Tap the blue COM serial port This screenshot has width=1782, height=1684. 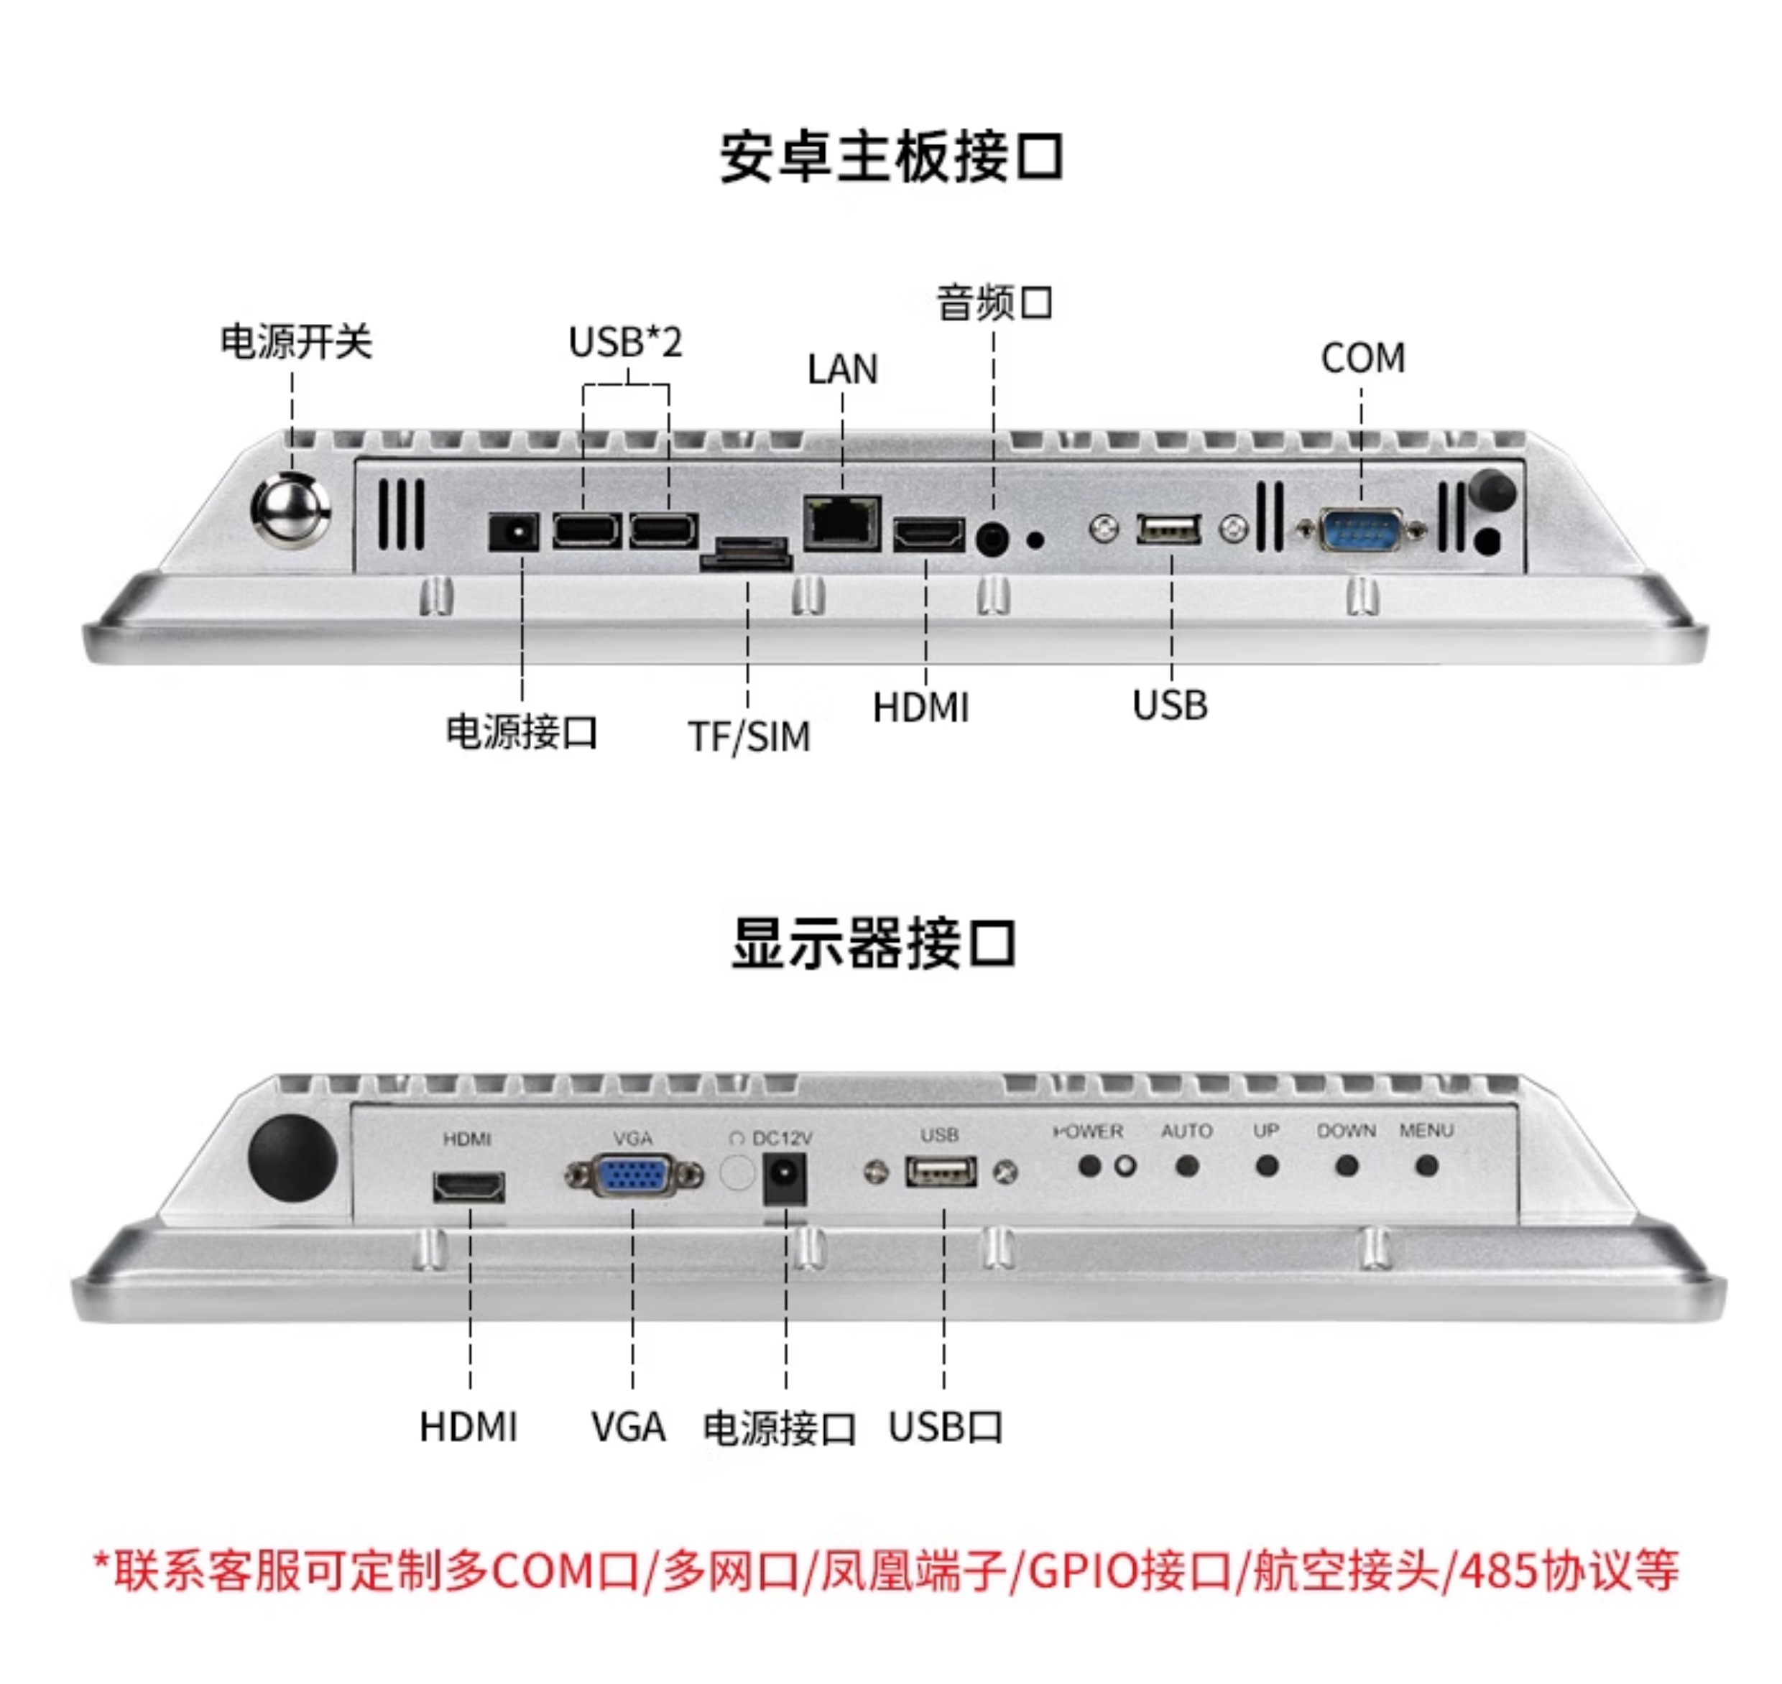point(1360,530)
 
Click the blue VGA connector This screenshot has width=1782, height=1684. point(633,1176)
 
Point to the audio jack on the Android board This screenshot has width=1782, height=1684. point(992,540)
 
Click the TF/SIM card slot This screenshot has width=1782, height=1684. point(747,554)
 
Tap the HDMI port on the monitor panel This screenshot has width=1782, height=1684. point(468,1188)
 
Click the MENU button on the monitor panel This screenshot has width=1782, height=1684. point(1426,1166)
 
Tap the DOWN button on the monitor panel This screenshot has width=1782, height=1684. point(1347,1166)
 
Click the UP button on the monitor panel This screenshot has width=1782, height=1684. point(1267,1166)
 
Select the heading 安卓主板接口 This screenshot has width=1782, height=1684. point(892,158)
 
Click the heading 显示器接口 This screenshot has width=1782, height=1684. point(874,943)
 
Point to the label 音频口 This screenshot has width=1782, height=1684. point(994,302)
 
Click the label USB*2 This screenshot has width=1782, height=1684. point(626,342)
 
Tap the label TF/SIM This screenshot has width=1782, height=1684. point(749,737)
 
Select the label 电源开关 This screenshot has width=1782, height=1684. point(296,342)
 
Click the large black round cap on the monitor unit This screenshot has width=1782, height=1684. point(292,1159)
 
